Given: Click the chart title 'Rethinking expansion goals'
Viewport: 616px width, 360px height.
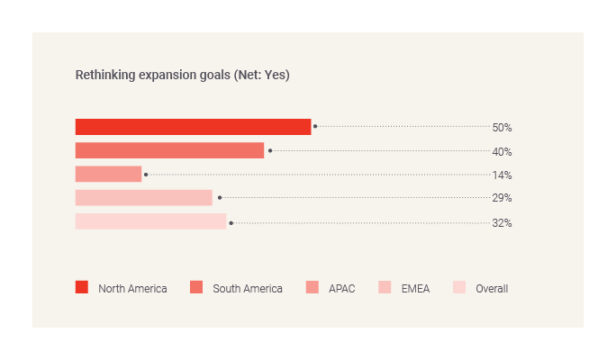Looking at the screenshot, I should click(153, 75).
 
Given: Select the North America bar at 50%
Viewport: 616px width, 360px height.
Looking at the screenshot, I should click(193, 127).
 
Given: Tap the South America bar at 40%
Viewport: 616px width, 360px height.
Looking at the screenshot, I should click(169, 150).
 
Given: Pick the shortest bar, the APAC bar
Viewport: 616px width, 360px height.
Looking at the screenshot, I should click(108, 174).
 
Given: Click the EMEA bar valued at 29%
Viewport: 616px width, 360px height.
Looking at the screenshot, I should click(143, 198).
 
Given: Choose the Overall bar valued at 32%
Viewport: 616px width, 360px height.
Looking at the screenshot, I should click(150, 221).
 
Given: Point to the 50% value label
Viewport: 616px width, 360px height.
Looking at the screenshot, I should click(502, 128).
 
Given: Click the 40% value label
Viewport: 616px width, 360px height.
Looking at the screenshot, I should click(502, 151).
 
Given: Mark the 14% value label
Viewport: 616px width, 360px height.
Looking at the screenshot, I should click(502, 175).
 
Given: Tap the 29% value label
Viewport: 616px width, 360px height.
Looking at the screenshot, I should click(502, 198).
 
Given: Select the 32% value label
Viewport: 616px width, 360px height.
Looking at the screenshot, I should click(502, 222).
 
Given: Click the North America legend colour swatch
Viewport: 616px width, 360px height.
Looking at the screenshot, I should click(82, 288).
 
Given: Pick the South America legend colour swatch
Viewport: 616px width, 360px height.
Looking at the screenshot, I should click(196, 288).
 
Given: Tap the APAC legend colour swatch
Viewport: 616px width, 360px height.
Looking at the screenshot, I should click(313, 288).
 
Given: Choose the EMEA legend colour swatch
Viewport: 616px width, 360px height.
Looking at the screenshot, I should click(385, 288).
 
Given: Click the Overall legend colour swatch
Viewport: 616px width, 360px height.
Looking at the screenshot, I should click(459, 288).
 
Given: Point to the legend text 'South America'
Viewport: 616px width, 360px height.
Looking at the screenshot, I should click(248, 289).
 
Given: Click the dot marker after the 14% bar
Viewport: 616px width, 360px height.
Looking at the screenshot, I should click(146, 175).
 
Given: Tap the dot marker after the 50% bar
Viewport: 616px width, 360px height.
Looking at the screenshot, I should click(315, 127).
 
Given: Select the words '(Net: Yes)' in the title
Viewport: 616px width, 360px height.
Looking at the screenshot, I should click(261, 75).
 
